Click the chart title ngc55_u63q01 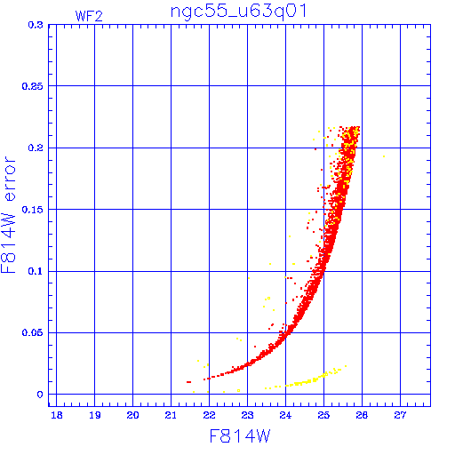238,12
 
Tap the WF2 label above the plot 89,16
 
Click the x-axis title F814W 240,436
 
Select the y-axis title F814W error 8,214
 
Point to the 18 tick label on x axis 57,415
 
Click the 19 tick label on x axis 95,415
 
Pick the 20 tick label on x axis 132,415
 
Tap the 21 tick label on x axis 171,415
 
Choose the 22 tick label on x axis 209,415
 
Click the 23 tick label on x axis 247,415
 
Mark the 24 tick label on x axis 285,415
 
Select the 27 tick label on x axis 400,415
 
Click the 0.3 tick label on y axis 36,25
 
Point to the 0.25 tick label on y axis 33,86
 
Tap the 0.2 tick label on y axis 36,148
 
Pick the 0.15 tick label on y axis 33,210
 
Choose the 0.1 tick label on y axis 36,271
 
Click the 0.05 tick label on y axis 33,332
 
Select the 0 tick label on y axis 40,395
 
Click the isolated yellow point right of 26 384,156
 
